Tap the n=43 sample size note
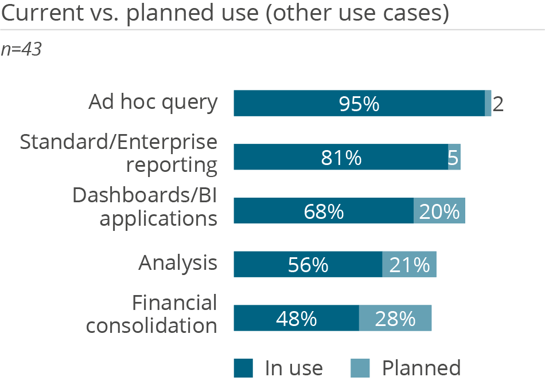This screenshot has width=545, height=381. [21, 50]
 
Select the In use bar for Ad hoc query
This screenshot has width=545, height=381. [359, 104]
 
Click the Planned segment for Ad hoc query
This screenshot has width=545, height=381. [488, 104]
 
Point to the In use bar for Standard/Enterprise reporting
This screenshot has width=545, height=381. [341, 157]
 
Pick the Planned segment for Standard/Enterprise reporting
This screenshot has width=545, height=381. [454, 157]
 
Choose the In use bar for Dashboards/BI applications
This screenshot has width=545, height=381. [324, 211]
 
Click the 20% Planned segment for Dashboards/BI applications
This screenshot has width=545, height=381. [439, 211]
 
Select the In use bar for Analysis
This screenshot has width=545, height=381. [308, 264]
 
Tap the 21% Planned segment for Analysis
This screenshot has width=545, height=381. [410, 264]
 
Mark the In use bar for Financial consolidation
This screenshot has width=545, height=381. [296, 318]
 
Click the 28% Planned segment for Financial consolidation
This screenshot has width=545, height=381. [395, 318]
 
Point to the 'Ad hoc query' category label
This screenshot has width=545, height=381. [153, 103]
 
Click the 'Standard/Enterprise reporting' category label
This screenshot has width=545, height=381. [119, 154]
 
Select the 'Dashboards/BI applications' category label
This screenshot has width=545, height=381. [145, 207]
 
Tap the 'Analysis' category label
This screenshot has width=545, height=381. [178, 264]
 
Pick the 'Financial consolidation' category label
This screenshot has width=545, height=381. [152, 314]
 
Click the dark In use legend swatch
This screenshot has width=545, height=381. [243, 368]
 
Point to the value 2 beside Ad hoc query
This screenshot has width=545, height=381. [498, 104]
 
